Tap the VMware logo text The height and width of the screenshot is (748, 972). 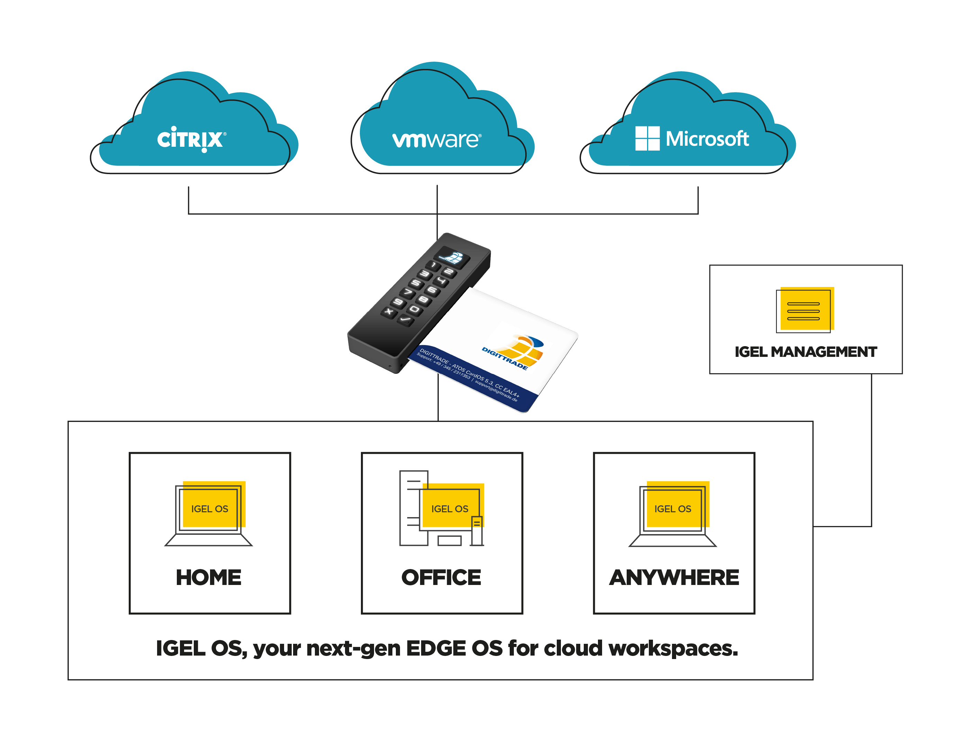(x=436, y=140)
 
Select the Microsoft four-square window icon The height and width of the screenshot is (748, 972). (x=647, y=138)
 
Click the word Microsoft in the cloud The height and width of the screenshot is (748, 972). (x=707, y=139)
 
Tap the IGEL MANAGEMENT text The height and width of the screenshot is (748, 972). (x=806, y=352)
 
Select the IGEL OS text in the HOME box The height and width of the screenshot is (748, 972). (x=210, y=509)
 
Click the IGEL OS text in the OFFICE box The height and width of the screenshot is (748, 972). (x=449, y=509)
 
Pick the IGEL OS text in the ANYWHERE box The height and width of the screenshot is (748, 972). (x=672, y=509)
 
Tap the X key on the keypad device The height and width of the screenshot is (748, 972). (x=389, y=312)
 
